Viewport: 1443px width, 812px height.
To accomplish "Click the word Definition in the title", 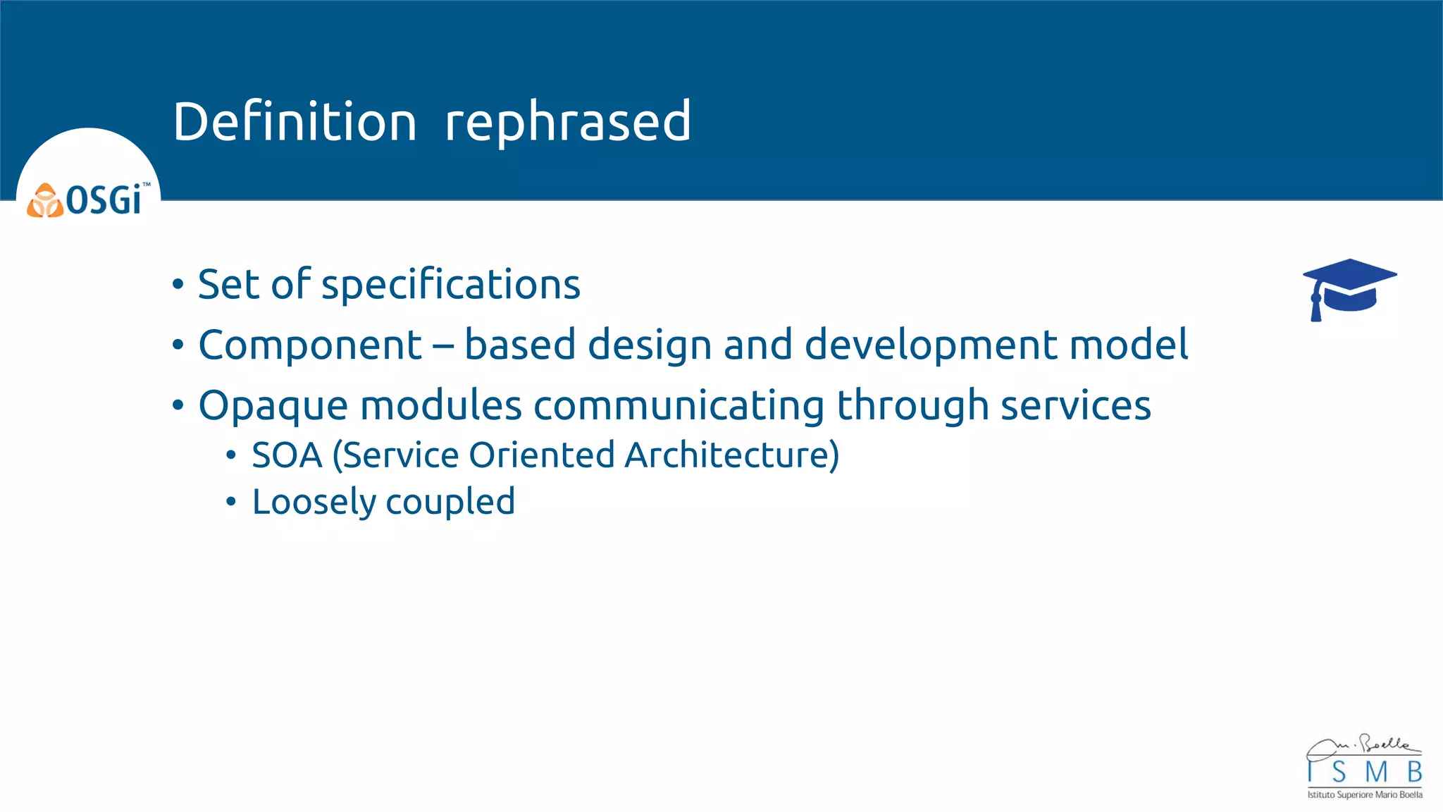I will tap(295, 122).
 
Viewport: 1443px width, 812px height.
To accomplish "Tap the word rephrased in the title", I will tap(568, 122).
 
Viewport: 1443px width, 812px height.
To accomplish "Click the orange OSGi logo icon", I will tap(45, 201).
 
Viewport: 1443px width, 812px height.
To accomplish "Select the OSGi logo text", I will tap(104, 200).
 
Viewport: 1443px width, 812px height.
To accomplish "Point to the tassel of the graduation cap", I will tap(1315, 307).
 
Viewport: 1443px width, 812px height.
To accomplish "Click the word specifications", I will tap(451, 285).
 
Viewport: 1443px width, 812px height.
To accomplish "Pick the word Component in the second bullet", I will tap(310, 345).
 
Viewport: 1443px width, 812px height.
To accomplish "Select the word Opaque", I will tap(273, 407).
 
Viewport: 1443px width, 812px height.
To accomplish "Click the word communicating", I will tap(679, 407).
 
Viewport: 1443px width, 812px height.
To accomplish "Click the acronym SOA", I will tap(287, 455).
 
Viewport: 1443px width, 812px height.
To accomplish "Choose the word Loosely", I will tap(314, 503).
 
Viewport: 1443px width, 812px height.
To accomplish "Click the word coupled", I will tap(450, 503).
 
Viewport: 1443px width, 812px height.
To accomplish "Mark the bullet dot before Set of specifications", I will tap(178, 285).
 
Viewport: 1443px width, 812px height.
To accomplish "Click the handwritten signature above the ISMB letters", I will tap(1363, 746).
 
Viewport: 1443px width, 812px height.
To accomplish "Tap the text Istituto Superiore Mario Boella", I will tap(1365, 794).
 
